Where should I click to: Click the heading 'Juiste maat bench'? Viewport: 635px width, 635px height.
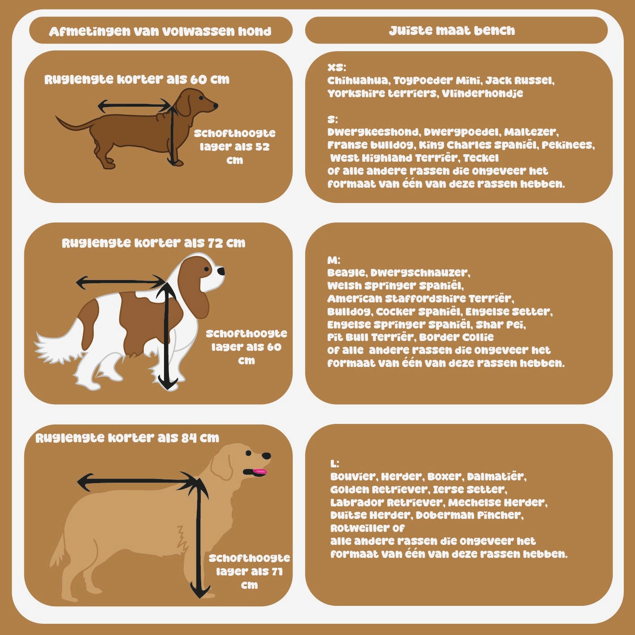pyautogui.click(x=452, y=30)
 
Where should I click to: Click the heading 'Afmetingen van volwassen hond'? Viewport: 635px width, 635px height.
pyautogui.click(x=160, y=32)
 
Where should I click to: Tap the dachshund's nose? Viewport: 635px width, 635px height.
pyautogui.click(x=216, y=106)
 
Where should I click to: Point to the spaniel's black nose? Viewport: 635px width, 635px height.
pyautogui.click(x=221, y=271)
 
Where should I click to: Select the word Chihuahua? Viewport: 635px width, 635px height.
pyautogui.click(x=357, y=81)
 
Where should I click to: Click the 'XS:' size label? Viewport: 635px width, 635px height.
pyautogui.click(x=337, y=68)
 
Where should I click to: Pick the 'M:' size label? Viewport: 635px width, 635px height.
pyautogui.click(x=333, y=261)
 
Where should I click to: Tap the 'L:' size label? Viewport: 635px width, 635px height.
pyautogui.click(x=334, y=464)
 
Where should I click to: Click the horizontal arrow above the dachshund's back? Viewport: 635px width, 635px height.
pyautogui.click(x=134, y=106)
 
